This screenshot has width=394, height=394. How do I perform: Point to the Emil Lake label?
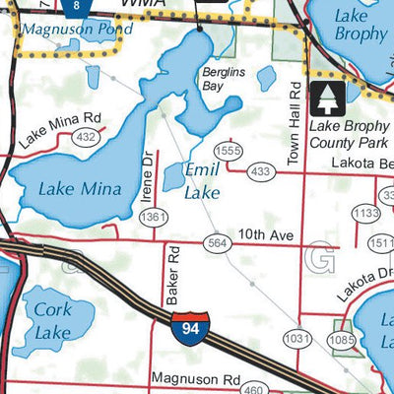tap(203, 181)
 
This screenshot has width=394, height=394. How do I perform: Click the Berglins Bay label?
tap(222, 79)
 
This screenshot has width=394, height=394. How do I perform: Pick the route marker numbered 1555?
tap(229, 150)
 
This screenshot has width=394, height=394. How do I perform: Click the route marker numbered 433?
tap(260, 171)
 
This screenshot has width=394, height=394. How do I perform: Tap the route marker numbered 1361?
tap(151, 216)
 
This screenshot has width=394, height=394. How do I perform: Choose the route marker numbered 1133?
tap(366, 213)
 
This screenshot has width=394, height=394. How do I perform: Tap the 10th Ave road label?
tap(270, 237)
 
